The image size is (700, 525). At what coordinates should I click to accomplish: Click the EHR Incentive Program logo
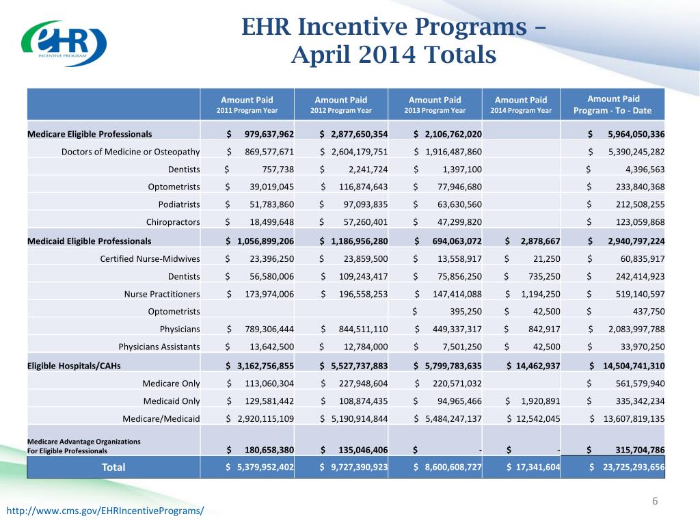click(64, 43)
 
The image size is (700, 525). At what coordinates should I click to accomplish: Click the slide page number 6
click(654, 502)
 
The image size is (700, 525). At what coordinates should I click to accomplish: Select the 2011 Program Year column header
click(246, 105)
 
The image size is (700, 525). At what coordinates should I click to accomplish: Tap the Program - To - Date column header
click(612, 105)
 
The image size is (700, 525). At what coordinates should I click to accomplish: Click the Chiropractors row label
click(173, 221)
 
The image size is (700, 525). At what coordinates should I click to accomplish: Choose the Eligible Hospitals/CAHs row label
click(74, 365)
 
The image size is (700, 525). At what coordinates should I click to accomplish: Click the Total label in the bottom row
click(113, 467)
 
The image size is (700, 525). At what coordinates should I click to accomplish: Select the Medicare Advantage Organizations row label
click(75, 446)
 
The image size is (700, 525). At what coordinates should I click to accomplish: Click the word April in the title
click(325, 54)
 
